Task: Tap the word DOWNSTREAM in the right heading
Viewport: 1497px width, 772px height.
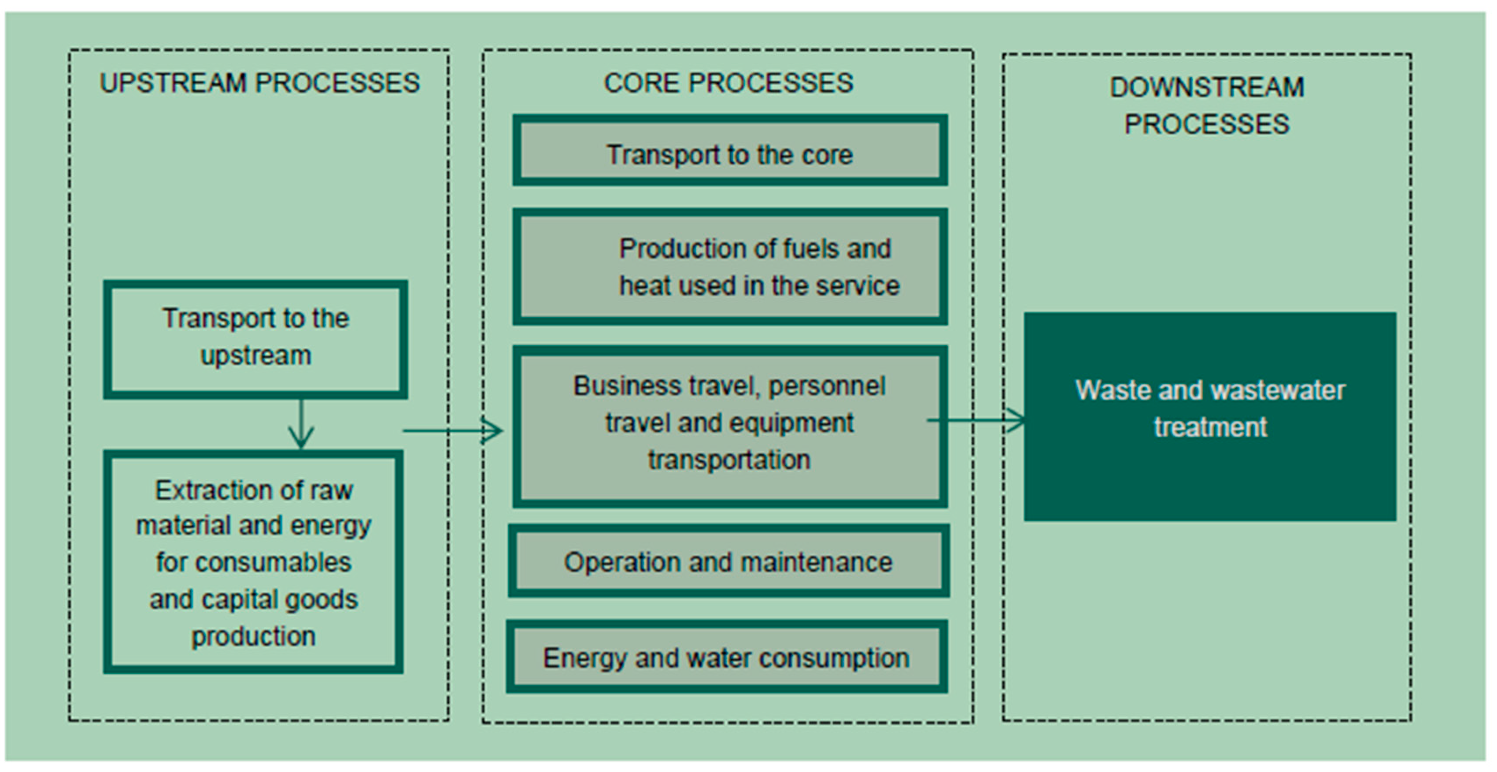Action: point(1207,87)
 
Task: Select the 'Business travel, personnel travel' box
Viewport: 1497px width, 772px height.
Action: point(729,426)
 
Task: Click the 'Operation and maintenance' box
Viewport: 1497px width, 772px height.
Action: point(728,561)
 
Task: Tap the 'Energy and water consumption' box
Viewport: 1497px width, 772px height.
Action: point(726,657)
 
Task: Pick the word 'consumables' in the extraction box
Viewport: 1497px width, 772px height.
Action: point(273,562)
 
